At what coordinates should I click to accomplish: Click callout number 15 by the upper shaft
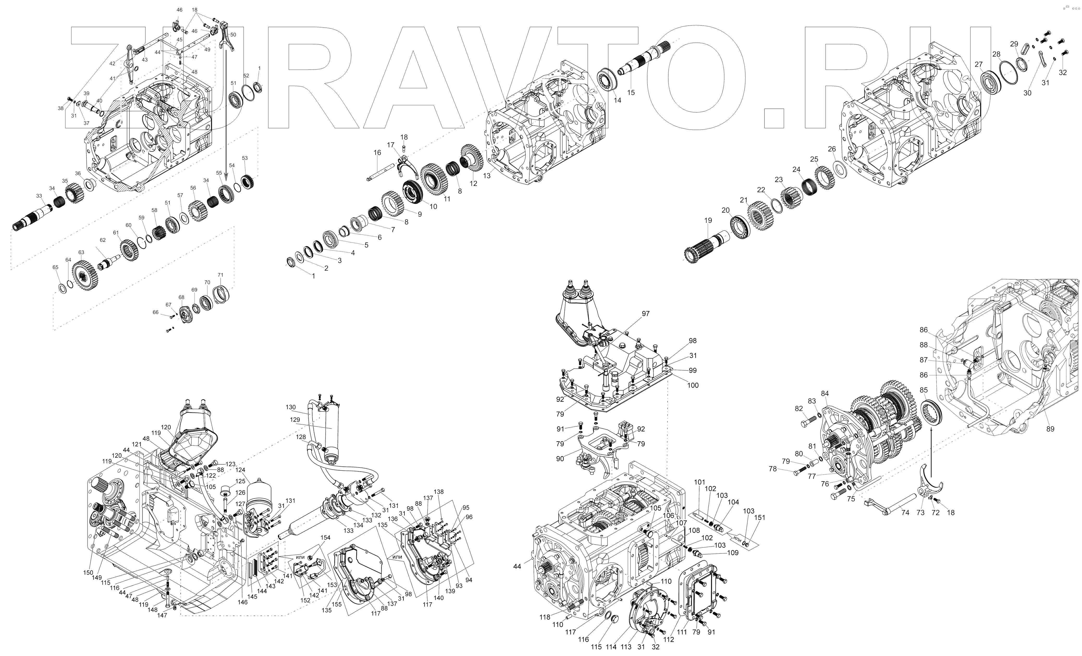(x=631, y=93)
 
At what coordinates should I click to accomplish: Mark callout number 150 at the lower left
(x=89, y=573)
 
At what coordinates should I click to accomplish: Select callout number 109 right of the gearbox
(x=733, y=552)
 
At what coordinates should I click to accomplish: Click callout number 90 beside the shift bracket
(x=560, y=459)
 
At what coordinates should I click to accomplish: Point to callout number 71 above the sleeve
(x=220, y=275)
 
